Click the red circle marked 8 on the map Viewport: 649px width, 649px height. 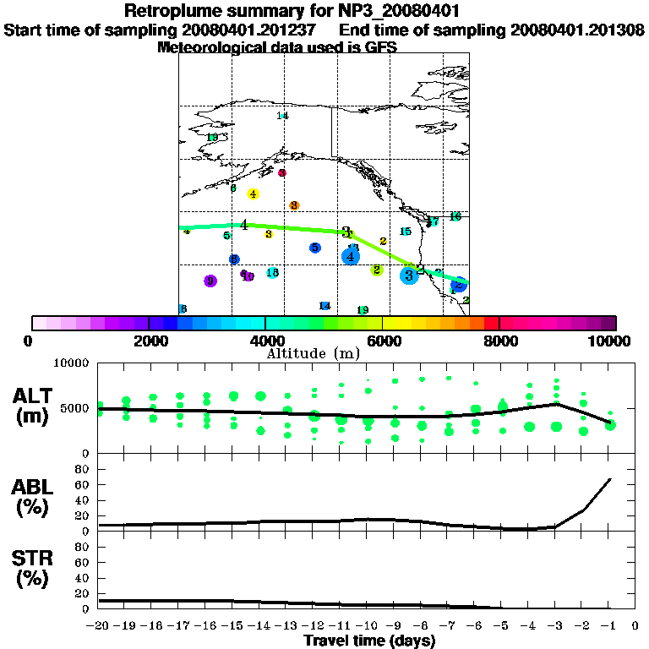[x=282, y=172]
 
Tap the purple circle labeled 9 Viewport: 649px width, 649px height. [x=210, y=281]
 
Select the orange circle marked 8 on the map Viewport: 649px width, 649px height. [x=294, y=205]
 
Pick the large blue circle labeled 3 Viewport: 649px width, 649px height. [x=409, y=275]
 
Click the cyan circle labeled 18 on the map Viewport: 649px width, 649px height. [x=272, y=273]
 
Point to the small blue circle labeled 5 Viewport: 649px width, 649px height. [x=314, y=248]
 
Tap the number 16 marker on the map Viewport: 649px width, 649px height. [x=455, y=216]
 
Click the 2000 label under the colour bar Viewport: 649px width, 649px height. [x=149, y=341]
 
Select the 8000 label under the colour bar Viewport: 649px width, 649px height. [x=499, y=341]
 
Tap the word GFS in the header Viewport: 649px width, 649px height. [x=380, y=47]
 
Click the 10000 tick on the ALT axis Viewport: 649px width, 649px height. [x=72, y=363]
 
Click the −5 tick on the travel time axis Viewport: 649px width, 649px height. [x=501, y=626]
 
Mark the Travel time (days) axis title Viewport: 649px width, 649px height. [x=369, y=641]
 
